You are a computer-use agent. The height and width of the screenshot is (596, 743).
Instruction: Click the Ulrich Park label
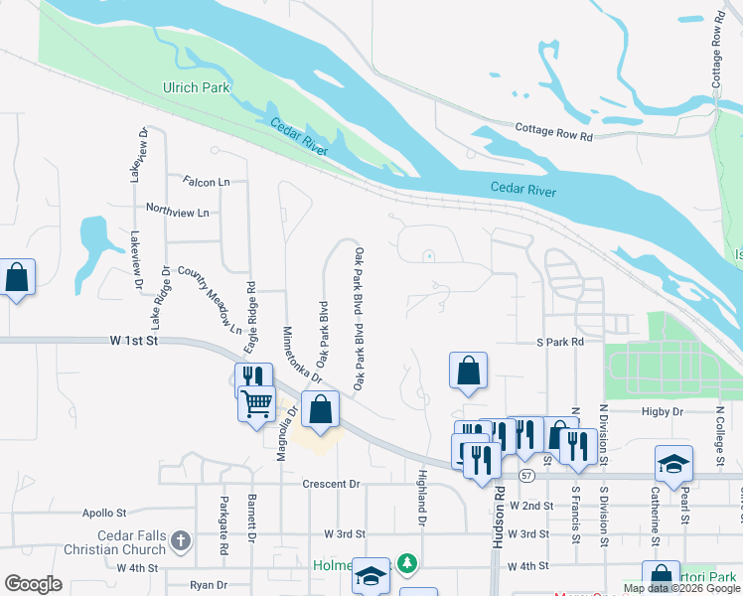(x=196, y=87)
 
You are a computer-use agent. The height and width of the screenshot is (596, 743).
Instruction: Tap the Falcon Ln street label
(x=206, y=182)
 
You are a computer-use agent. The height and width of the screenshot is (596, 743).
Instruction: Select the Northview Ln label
(x=177, y=212)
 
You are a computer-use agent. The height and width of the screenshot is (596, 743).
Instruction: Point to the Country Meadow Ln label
(x=210, y=299)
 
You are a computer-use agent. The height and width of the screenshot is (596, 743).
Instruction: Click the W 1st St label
(x=134, y=341)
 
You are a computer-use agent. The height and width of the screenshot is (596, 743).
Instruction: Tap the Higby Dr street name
(x=663, y=410)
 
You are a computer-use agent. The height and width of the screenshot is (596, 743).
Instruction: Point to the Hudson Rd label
(x=498, y=517)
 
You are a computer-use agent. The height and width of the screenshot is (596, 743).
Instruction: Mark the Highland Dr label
(x=422, y=498)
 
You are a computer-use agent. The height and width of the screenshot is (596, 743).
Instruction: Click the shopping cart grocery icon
(x=257, y=404)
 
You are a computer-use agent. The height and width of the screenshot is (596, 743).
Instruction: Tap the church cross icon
(x=180, y=541)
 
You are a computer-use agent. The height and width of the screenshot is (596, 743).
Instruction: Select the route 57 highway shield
(x=526, y=476)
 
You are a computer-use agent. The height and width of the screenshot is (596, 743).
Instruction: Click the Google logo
(x=33, y=584)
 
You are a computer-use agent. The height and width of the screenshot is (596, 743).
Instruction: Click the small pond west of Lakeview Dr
(x=94, y=242)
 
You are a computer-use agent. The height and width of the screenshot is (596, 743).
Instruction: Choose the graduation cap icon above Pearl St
(x=672, y=463)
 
